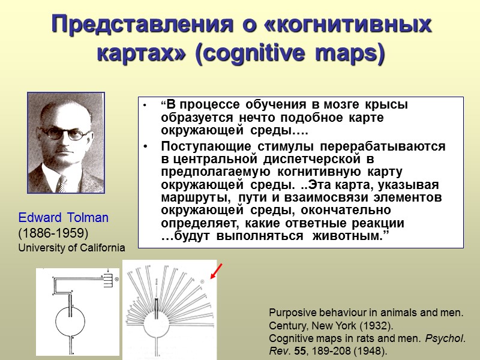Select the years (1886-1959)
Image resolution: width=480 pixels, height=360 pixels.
coord(53,232)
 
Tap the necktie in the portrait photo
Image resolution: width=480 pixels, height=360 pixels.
coord(62,182)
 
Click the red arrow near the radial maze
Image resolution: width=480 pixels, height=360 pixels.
coord(217,272)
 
